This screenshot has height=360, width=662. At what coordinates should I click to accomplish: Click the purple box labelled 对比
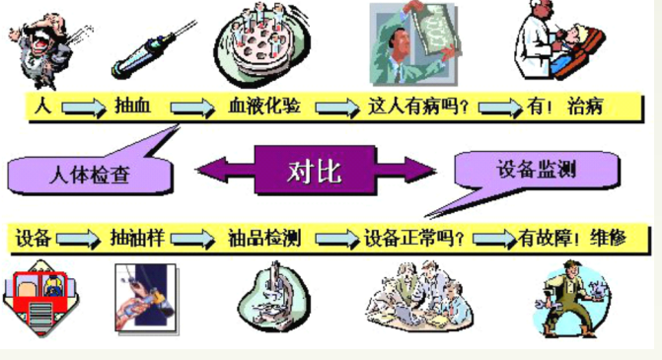[x=315, y=172]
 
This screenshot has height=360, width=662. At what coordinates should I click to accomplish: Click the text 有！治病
[x=571, y=106]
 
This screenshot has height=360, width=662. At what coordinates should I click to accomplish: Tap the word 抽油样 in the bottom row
[x=139, y=238]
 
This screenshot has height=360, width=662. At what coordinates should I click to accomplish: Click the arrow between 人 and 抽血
[x=81, y=107]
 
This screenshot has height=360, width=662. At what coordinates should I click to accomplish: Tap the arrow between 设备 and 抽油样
[x=79, y=239]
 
